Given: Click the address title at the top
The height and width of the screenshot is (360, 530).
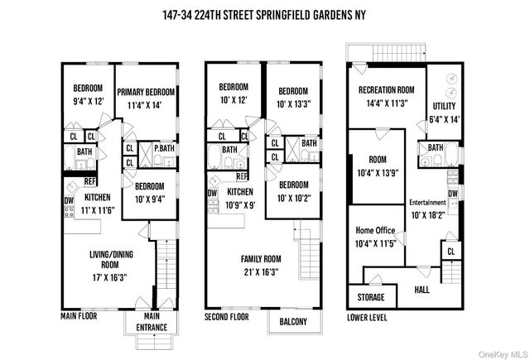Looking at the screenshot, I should [265, 15].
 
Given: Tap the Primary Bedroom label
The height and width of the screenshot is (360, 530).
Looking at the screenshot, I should [146, 92].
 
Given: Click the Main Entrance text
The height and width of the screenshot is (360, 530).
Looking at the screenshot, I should [152, 320].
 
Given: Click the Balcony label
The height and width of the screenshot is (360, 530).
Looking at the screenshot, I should [293, 321].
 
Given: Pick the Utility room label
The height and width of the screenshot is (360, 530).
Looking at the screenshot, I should [445, 106].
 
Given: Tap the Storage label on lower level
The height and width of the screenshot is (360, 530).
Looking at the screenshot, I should [370, 295].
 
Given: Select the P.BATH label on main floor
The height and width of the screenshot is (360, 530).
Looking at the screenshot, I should [165, 147].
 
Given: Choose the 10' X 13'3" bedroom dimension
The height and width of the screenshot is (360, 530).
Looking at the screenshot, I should [294, 103].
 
